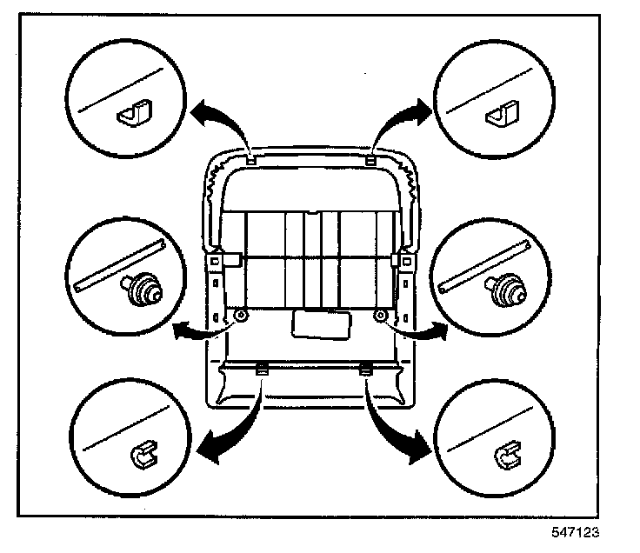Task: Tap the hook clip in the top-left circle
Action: click(x=133, y=112)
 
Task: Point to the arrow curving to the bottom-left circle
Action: click(x=228, y=435)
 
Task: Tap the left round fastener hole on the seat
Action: click(x=241, y=316)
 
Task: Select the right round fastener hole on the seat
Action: click(x=380, y=316)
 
